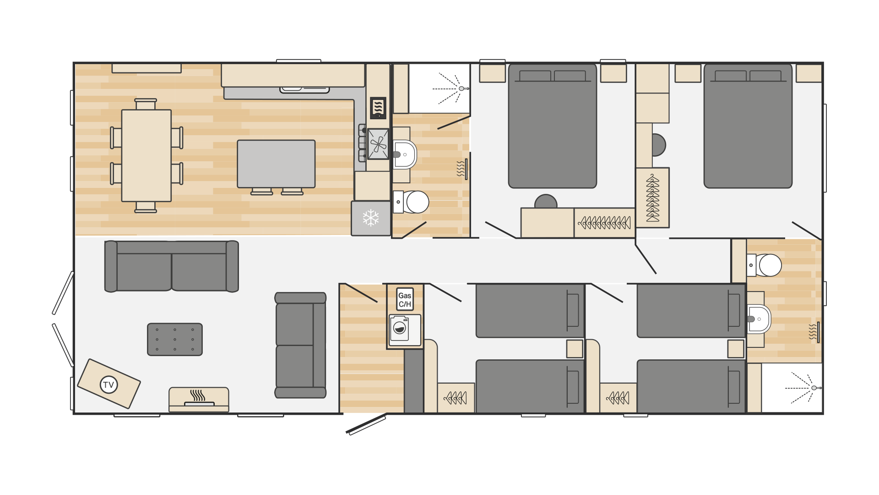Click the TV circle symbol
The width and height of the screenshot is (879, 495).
coord(109,385)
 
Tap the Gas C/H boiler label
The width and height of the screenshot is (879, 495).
coord(405,300)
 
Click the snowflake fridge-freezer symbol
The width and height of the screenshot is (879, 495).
coord(371,218)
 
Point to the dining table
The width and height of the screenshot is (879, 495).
coord(146,155)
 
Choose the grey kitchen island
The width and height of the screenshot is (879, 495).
coord(276,164)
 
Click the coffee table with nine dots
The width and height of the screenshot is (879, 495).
coord(175,339)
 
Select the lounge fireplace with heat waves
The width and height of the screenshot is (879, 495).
coord(199,399)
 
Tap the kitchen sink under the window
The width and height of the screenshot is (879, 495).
coord(304,89)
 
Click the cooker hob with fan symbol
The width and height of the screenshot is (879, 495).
coord(378,144)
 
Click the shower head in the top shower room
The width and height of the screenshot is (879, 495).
coord(461,88)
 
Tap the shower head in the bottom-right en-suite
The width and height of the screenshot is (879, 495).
coord(814,388)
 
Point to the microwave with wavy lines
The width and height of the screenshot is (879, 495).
coord(378,108)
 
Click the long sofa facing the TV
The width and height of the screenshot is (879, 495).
coord(172,266)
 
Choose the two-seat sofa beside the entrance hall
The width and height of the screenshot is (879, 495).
coord(300,345)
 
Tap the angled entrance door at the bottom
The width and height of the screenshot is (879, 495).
coord(366,424)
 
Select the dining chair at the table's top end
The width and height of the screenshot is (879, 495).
coord(146,104)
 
